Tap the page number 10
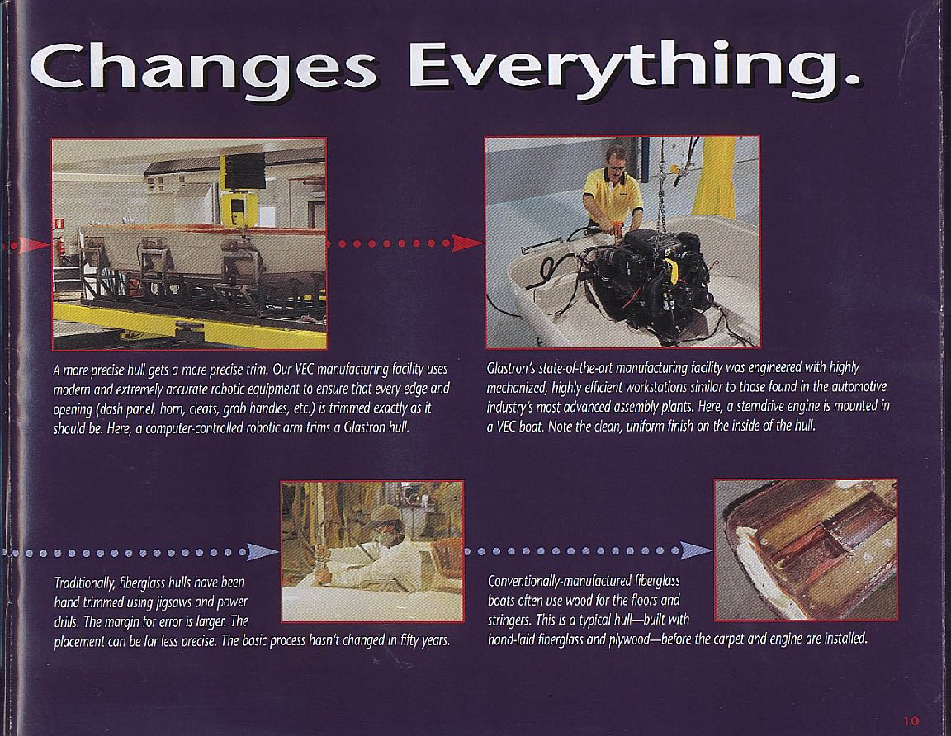click(911, 721)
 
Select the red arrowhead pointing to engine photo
click(469, 243)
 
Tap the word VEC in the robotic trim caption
click(304, 369)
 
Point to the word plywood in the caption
click(628, 639)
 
